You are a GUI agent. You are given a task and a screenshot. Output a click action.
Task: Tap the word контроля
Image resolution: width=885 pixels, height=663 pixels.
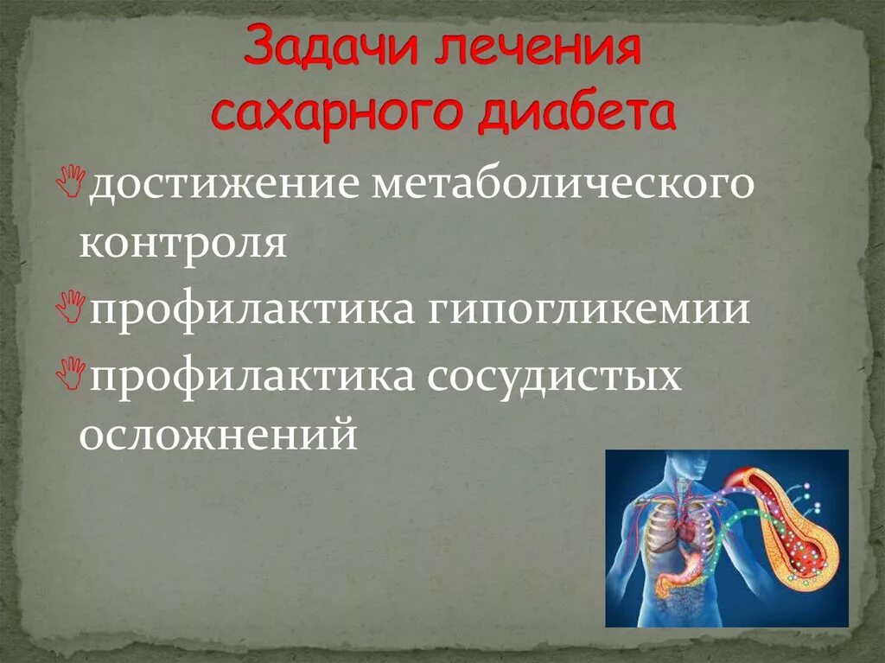point(182,244)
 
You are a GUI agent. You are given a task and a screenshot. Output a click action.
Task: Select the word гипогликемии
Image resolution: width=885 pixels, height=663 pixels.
point(587,309)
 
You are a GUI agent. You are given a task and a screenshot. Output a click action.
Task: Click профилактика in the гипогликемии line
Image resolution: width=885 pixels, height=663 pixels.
point(251,309)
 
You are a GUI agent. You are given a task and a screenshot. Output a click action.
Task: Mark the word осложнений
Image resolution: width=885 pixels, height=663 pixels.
point(218,433)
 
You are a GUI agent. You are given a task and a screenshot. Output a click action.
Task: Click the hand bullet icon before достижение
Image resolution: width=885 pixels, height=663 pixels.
point(76,179)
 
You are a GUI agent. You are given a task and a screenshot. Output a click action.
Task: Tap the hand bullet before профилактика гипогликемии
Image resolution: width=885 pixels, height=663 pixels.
point(76,305)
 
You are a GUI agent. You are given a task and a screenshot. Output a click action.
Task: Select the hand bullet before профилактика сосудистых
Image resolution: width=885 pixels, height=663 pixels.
point(76,371)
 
